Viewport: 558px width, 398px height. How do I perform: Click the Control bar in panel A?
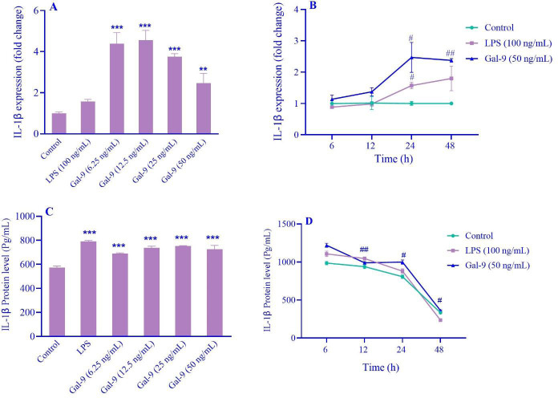(59, 124)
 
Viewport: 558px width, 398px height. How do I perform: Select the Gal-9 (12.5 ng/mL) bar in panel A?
(146, 88)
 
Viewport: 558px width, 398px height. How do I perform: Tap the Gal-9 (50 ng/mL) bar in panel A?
(204, 109)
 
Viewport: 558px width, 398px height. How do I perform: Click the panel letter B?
(357, 10)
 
